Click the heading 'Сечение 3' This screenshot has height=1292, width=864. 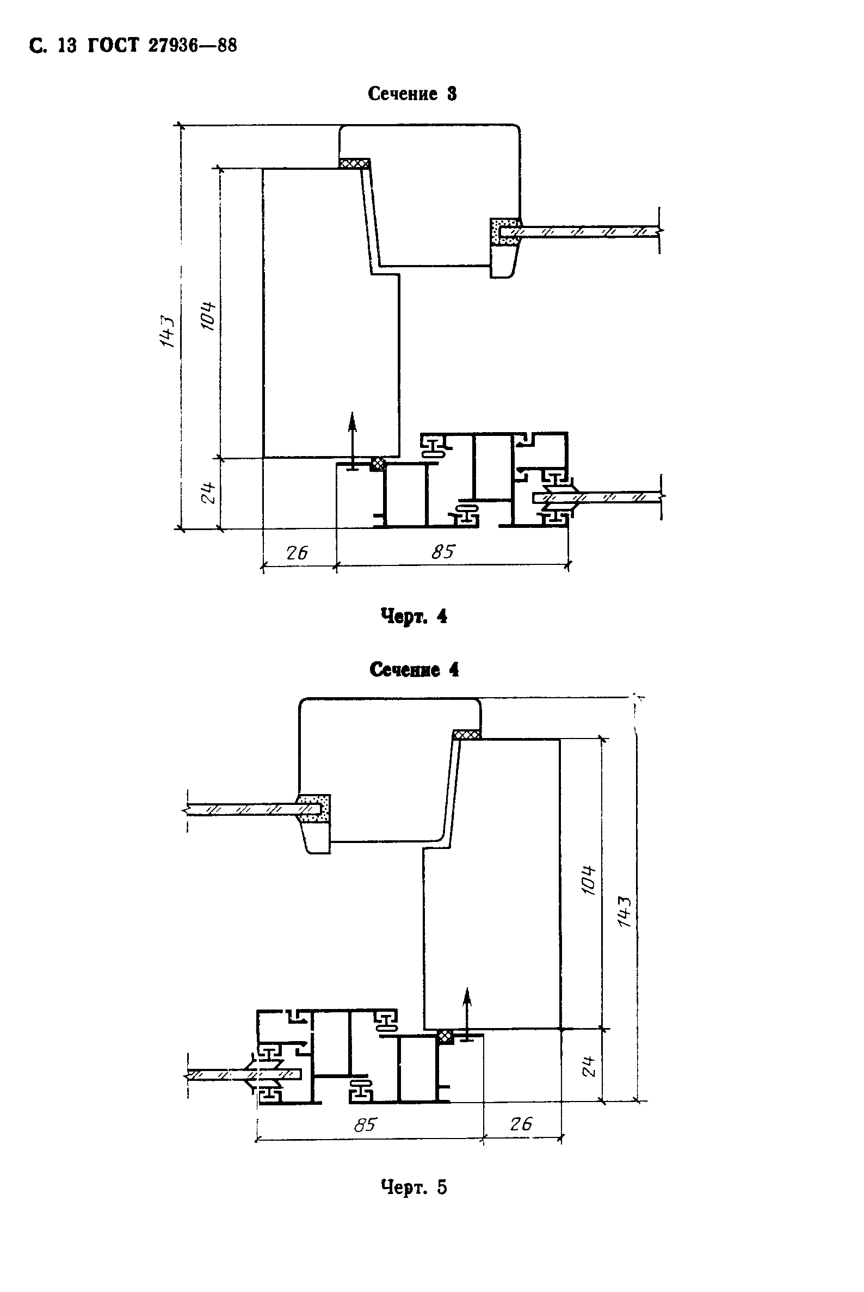coord(412,94)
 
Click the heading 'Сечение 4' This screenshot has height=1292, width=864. coord(414,670)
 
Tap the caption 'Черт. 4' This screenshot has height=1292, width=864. coord(414,616)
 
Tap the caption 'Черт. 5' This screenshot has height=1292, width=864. coord(414,1187)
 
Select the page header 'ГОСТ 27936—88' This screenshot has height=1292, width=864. coord(163,45)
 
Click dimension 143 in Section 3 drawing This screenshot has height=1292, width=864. coord(167,331)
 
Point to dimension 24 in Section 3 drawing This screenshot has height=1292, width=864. coord(208,492)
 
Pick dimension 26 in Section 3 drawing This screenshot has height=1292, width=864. coord(297,552)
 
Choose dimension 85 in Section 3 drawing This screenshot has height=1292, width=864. coord(443,551)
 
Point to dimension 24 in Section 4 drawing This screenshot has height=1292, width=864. coord(589,1067)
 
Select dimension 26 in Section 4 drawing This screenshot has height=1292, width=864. coord(521,1123)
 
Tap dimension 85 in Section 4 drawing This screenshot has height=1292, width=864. coord(365,1124)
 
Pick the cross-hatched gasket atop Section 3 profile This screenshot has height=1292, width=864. coord(354,163)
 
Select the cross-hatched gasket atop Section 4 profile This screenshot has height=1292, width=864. coord(466,735)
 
